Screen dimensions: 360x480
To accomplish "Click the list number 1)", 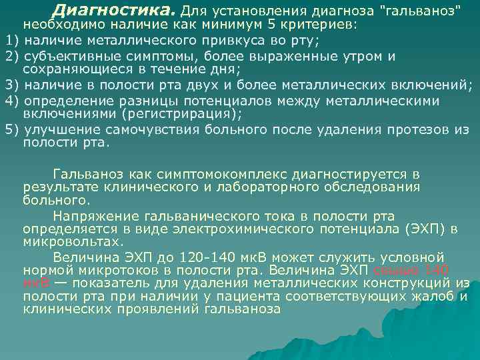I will point(12,40).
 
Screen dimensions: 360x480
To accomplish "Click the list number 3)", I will point(12,85).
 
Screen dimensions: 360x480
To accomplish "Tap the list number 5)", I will point(12,129).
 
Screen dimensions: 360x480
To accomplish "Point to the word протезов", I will point(409,129).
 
